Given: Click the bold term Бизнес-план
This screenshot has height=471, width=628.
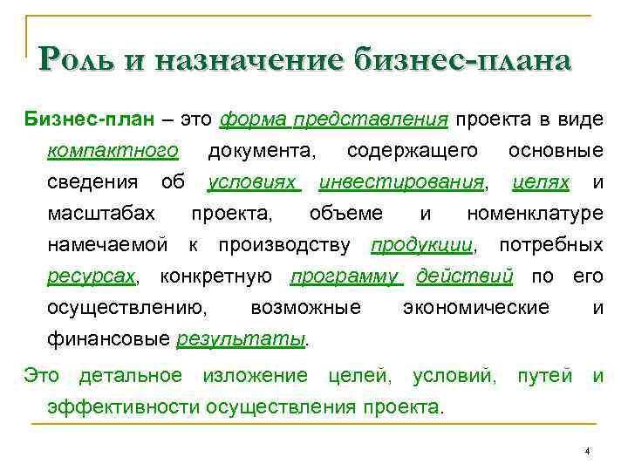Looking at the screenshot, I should click(76, 119).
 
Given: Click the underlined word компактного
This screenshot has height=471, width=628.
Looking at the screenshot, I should click(113, 151).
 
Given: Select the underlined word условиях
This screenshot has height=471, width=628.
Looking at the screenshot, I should click(253, 182).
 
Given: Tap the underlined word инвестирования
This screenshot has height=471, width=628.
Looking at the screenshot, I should click(401, 182).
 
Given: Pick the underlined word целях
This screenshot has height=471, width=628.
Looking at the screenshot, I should click(541, 182).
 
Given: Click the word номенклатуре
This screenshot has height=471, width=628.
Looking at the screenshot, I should click(535, 214).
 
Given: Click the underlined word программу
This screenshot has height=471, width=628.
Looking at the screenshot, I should click(345, 276).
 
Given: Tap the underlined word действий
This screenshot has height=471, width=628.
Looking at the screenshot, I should click(464, 276).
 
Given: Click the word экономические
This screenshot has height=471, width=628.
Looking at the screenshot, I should click(476, 308).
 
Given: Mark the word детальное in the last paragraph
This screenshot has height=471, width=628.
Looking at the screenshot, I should click(131, 376).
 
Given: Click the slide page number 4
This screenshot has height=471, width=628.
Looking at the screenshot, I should click(588, 451).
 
